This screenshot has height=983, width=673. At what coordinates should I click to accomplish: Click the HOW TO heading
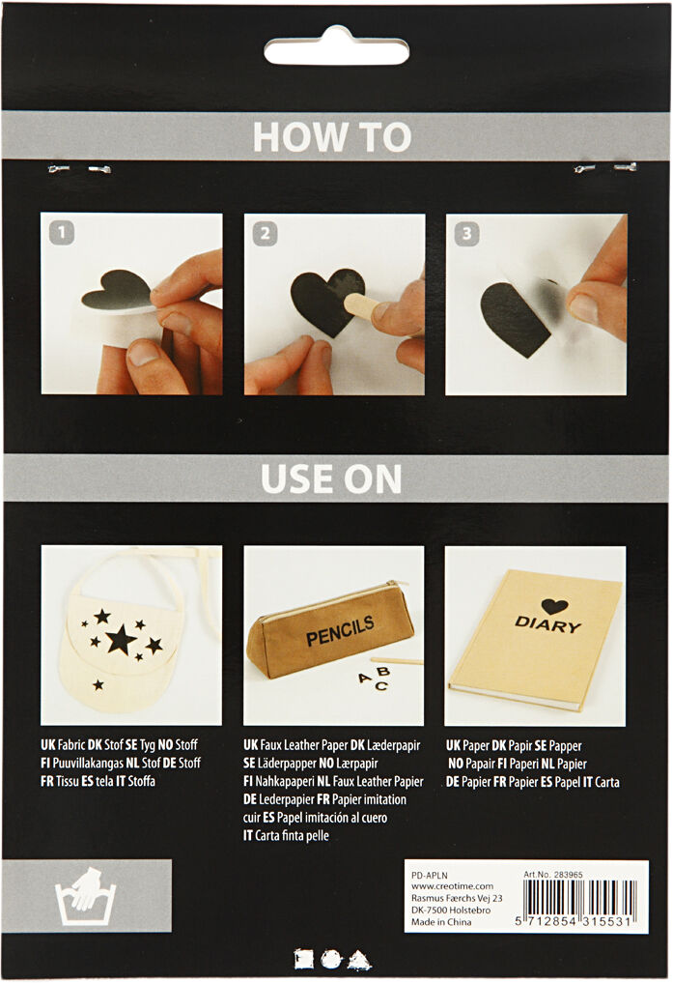[331, 137]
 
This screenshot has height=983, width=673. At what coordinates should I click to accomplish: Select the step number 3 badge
[466, 232]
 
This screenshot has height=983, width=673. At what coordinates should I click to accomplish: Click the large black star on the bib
[120, 639]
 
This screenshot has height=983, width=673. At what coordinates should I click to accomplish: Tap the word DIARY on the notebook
[547, 624]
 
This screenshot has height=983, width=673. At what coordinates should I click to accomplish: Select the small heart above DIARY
[553, 606]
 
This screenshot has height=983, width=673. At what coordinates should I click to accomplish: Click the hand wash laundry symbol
[86, 895]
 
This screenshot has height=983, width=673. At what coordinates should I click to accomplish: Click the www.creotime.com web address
[452, 886]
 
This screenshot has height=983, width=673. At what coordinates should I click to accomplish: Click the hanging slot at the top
[336, 48]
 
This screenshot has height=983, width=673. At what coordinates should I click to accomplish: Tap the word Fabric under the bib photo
[71, 746]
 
